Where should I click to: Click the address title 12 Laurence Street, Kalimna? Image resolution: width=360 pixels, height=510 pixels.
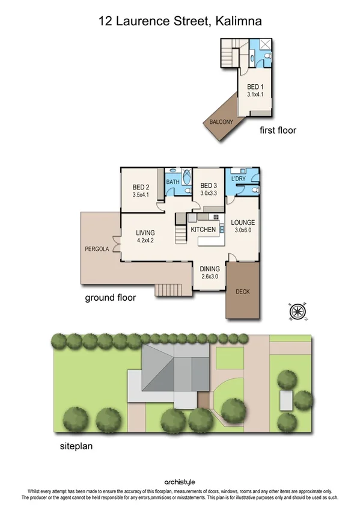[180, 22]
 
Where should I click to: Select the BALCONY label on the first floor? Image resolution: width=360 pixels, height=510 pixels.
[221, 122]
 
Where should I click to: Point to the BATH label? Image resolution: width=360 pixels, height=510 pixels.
[172, 182]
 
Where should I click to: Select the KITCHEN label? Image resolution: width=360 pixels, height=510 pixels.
[203, 230]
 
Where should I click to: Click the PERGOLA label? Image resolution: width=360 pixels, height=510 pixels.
[97, 248]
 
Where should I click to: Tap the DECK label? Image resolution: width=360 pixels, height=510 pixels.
[243, 292]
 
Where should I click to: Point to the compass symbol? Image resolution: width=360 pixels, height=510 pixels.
[298, 312]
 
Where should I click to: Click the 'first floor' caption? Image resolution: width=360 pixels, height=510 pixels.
[277, 130]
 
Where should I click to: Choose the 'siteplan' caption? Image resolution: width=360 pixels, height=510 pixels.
[75, 447]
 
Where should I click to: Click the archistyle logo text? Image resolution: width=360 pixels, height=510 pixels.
[180, 482]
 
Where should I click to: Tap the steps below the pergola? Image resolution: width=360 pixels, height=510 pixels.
[168, 290]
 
